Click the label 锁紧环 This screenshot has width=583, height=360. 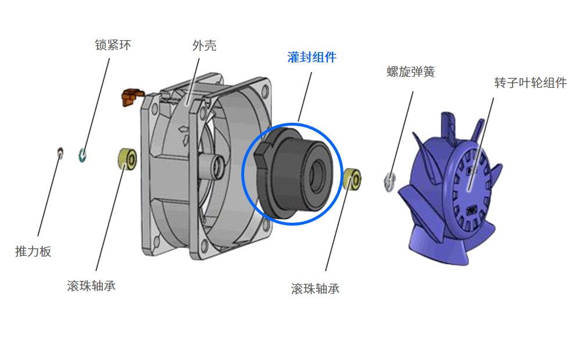pos(113,45)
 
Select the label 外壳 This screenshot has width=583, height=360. pos(204,45)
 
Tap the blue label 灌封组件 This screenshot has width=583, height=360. pos(312,57)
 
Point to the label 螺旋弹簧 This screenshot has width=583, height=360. pos(410,72)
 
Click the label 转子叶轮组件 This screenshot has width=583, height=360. pos(530,83)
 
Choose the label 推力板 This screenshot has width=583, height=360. pos(33,251)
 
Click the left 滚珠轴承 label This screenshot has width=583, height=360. pos(91,286)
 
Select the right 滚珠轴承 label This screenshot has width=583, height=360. pos(315,288)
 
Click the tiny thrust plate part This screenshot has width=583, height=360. pos(60,152)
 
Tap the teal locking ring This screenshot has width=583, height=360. pos(82,155)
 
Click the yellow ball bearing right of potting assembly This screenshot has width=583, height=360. pos(352,179)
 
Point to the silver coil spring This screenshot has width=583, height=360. pos(389,181)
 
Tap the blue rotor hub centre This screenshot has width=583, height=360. pos(470,186)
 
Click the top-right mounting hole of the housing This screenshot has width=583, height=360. pos(265,91)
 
